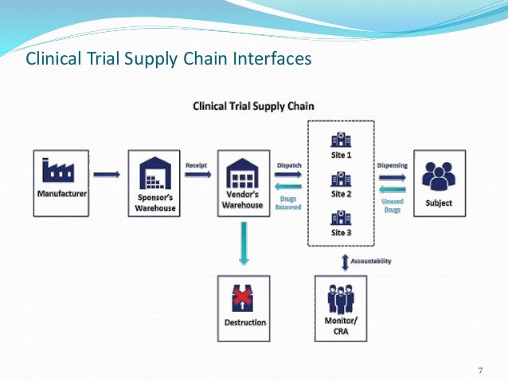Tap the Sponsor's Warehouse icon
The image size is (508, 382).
click(x=155, y=173)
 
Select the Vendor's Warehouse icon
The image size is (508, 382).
click(x=243, y=173)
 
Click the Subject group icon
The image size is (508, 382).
click(x=439, y=175)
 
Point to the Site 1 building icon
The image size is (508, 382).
click(x=340, y=137)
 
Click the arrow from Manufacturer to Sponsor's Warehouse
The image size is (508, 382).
click(x=107, y=173)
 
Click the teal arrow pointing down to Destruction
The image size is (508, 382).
click(x=243, y=243)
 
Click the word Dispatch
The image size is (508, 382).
click(x=289, y=165)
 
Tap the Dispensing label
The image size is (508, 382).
click(x=392, y=165)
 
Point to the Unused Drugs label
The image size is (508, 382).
click(x=392, y=205)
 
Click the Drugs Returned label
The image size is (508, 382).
click(x=288, y=205)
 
